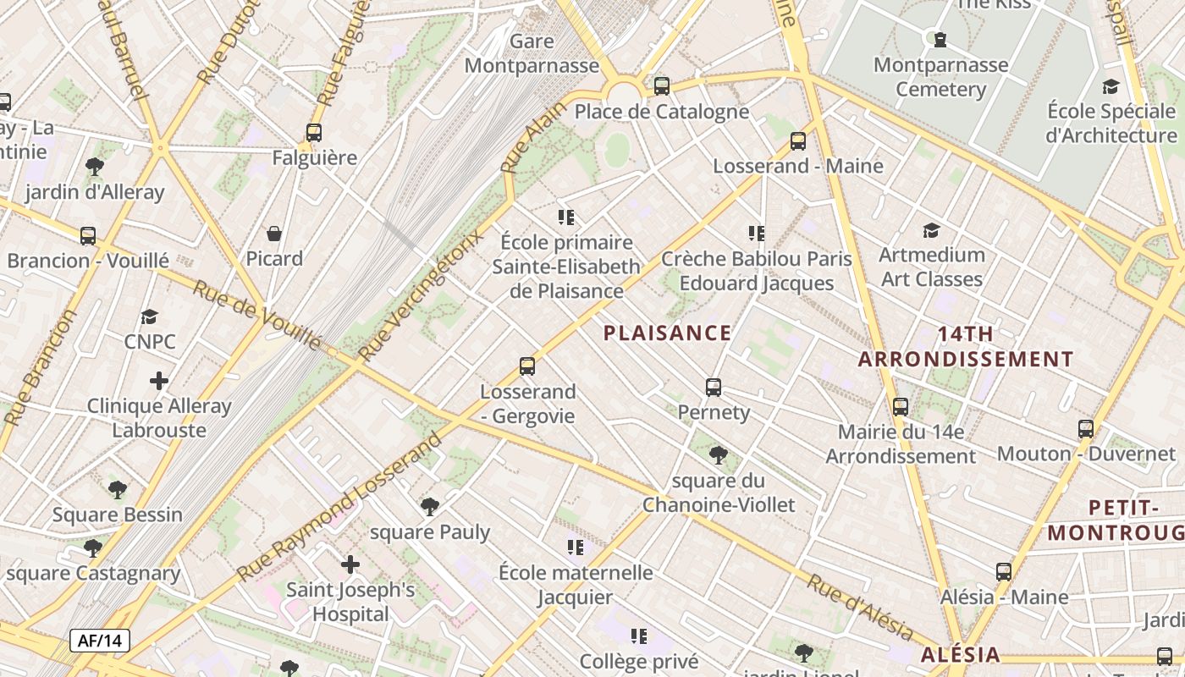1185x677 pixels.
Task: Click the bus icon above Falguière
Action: (x=314, y=133)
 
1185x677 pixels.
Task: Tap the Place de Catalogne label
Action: (x=662, y=112)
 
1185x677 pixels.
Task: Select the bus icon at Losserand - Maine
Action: (x=798, y=141)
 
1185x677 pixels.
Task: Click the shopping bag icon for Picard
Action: (x=274, y=234)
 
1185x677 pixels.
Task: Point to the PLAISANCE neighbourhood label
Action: (x=668, y=333)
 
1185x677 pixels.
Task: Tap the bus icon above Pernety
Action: (x=714, y=388)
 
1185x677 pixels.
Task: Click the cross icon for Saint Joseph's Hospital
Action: (x=350, y=564)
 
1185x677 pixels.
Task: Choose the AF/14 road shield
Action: (x=100, y=641)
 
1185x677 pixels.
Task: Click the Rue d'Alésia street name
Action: (x=859, y=608)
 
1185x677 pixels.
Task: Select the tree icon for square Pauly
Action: (x=430, y=507)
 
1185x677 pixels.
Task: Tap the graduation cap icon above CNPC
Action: (x=150, y=316)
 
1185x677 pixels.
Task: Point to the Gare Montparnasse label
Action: (x=532, y=53)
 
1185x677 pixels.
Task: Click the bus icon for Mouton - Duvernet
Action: (x=1086, y=429)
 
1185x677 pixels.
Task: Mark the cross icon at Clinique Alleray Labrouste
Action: (x=158, y=381)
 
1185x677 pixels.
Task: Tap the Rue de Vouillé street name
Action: (x=257, y=315)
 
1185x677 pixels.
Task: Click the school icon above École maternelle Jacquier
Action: (x=576, y=548)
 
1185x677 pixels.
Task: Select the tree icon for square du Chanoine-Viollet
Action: (x=719, y=455)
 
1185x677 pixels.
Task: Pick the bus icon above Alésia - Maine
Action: (x=1004, y=572)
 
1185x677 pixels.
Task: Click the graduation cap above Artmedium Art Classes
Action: (x=931, y=230)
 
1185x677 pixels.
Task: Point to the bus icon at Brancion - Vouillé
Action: (x=88, y=236)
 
